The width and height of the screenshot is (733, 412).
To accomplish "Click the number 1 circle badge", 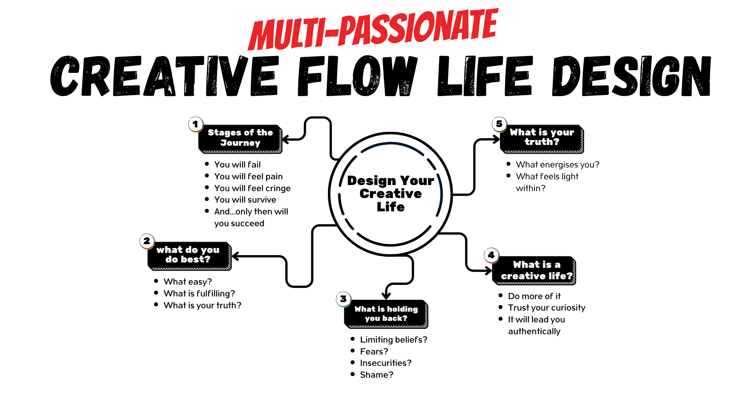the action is pyautogui.click(x=195, y=124).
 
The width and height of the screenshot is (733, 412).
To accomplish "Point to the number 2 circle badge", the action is pyautogui.click(x=147, y=241).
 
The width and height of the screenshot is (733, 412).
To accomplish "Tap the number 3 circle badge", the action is pyautogui.click(x=344, y=299).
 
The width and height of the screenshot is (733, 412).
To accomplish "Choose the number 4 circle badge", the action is pyautogui.click(x=491, y=255).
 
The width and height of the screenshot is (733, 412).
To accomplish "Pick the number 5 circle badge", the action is pyautogui.click(x=499, y=124).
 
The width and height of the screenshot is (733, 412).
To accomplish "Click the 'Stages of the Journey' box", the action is pyautogui.click(x=240, y=138).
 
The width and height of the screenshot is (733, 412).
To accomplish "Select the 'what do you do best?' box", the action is pyautogui.click(x=189, y=255).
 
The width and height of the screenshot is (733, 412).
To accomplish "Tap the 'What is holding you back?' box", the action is pyautogui.click(x=386, y=314).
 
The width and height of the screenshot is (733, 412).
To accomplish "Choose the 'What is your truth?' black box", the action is pyautogui.click(x=542, y=137).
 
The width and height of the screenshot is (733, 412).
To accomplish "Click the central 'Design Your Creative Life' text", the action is pyautogui.click(x=391, y=193).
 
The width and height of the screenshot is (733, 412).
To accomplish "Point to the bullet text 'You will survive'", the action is pyautogui.click(x=245, y=200).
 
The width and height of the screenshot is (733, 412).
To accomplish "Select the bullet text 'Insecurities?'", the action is pyautogui.click(x=386, y=363).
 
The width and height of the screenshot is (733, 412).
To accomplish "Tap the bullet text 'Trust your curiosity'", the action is pyautogui.click(x=546, y=308).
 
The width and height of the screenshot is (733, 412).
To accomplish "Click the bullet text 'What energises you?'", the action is pyautogui.click(x=557, y=165).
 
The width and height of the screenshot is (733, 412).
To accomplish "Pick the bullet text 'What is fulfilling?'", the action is pyautogui.click(x=199, y=294).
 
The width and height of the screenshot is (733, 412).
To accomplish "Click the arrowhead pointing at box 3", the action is pyautogui.click(x=386, y=296).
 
